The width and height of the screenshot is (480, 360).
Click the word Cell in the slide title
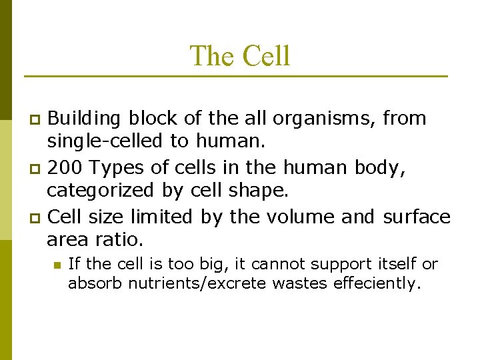pyautogui.click(x=266, y=56)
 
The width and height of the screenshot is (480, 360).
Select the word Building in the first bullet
pyautogui.click(x=85, y=119)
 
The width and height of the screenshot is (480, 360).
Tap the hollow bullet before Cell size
pyautogui.click(x=37, y=217)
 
